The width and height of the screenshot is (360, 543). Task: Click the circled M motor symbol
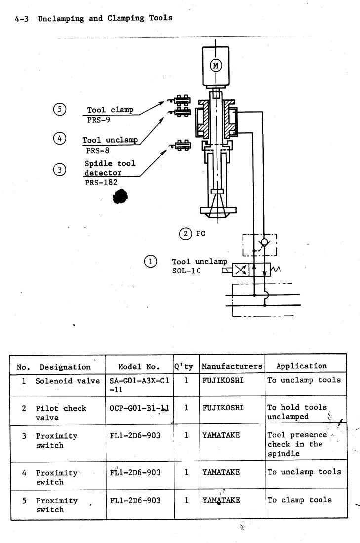point(216,65)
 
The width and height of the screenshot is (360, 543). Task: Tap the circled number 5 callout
point(60,109)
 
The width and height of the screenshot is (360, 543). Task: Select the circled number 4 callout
point(60,139)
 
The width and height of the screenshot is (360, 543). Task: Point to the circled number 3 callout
point(60,170)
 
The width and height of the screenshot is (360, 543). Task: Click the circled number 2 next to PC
point(185,234)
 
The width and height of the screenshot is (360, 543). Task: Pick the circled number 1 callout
point(151,261)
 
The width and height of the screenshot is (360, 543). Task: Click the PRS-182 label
point(101,182)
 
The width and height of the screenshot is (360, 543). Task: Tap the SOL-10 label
point(186,271)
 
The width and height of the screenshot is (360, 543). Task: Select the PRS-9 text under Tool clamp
point(98,120)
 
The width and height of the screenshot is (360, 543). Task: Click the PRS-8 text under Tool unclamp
point(98,150)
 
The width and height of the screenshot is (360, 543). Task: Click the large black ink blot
point(120,196)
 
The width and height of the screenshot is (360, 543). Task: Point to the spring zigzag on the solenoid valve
point(276,269)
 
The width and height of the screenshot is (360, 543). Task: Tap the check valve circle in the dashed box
point(264,242)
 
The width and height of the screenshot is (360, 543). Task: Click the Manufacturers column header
point(232,366)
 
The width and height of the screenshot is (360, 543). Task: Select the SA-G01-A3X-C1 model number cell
point(139,385)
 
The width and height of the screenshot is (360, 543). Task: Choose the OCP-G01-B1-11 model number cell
point(139,408)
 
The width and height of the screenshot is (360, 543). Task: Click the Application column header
point(301,366)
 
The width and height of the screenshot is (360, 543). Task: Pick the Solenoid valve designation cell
point(68,381)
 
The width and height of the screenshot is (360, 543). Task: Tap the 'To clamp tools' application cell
point(299,500)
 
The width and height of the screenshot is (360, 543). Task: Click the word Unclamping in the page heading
point(61,19)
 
